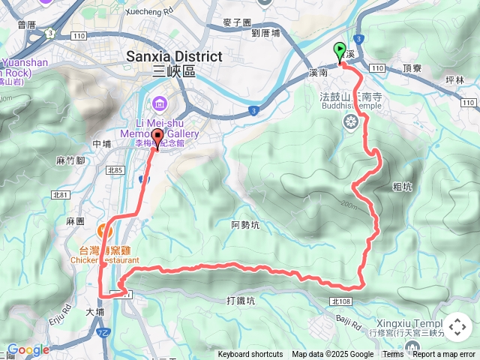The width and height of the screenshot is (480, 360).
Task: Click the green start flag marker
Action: [340, 52]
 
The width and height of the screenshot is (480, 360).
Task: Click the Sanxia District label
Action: [174, 57]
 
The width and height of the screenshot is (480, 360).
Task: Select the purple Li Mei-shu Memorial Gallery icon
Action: [160, 102]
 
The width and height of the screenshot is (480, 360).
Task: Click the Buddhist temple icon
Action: [350, 121]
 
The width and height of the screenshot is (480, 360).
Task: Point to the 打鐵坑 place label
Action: [241, 301]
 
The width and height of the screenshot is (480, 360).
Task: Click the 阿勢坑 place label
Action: [245, 224]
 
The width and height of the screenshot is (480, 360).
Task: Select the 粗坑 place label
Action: [402, 187]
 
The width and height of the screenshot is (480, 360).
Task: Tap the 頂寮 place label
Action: [412, 67]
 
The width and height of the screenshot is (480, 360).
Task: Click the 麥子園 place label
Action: [237, 23]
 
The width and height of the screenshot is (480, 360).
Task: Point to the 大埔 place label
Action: [94, 312]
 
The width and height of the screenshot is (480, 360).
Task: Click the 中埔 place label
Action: [101, 143]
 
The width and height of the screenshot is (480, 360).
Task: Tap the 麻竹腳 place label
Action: [70, 160]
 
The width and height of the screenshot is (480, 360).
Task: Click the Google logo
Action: [28, 349]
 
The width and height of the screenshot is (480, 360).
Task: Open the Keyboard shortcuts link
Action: [250, 355]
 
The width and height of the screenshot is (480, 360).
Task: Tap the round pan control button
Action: [457, 326]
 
